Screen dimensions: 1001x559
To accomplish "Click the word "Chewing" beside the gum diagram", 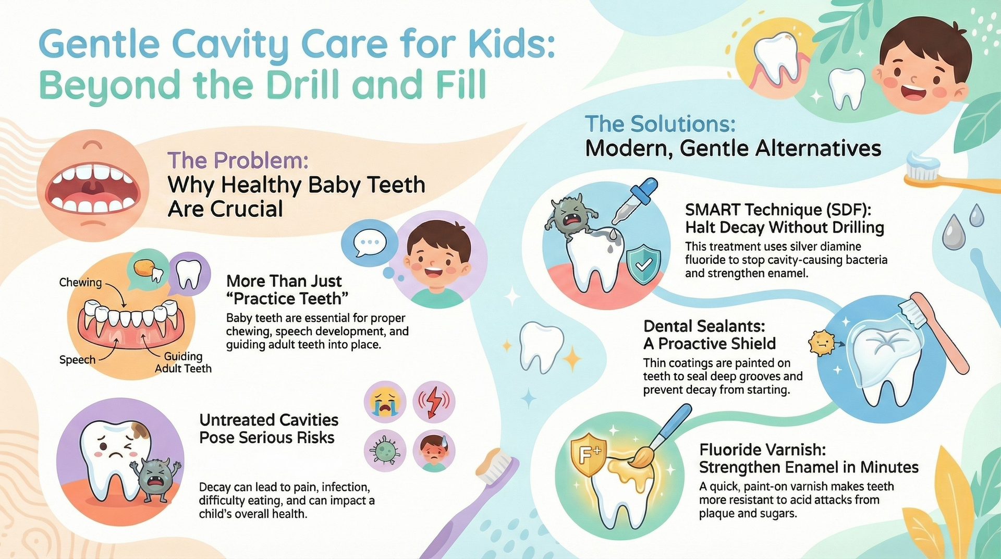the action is pos(80,283).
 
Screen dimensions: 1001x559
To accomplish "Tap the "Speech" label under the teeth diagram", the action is pos(77,360).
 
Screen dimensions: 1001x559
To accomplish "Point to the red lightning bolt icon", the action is pos(434,403).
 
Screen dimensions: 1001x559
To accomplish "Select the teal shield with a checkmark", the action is pos(643,265).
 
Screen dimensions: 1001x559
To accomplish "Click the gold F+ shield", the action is pos(589,455).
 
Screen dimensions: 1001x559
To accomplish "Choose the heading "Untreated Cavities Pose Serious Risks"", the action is pos(268,429).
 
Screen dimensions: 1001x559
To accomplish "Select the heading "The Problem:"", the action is pos(238,160).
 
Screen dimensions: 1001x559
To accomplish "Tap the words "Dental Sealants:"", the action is pos(704,326).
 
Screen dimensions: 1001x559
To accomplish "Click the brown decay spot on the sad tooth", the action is pos(140,430).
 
